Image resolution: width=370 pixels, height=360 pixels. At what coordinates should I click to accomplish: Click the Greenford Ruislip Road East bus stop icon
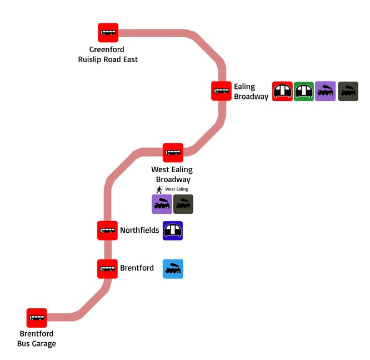108,33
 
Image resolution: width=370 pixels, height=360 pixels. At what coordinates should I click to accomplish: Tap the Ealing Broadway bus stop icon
221,91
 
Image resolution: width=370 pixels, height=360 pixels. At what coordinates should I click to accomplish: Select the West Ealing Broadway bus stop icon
173,152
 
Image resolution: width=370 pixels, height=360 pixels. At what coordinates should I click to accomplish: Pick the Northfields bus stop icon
107,230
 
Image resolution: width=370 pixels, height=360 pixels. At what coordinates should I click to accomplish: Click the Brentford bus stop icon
107,268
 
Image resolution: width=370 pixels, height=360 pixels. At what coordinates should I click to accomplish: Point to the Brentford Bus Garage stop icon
37,318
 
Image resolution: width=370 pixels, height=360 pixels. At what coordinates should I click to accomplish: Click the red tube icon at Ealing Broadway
282,91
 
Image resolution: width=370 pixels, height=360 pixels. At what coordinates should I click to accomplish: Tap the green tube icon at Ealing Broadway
304,91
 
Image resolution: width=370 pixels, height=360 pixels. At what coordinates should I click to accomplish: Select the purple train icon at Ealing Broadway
326,91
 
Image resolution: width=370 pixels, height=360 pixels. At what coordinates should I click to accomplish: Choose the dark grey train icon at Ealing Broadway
348,91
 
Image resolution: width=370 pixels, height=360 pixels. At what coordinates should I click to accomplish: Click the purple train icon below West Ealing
162,204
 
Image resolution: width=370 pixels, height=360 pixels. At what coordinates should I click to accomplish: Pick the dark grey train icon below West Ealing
183,204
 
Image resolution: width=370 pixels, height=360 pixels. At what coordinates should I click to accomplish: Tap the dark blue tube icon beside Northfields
173,230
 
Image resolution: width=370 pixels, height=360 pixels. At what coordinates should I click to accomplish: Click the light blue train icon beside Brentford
173,269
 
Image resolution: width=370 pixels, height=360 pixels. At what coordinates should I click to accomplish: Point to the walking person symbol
159,189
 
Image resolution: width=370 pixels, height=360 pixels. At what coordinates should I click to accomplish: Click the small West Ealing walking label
177,189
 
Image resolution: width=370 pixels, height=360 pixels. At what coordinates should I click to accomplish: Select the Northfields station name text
139,230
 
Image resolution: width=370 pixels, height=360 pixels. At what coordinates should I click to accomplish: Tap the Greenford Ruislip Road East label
107,54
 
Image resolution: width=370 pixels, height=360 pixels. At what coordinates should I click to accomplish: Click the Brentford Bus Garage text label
37,339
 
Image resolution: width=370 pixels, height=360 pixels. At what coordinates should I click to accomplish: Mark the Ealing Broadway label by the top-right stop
251,92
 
